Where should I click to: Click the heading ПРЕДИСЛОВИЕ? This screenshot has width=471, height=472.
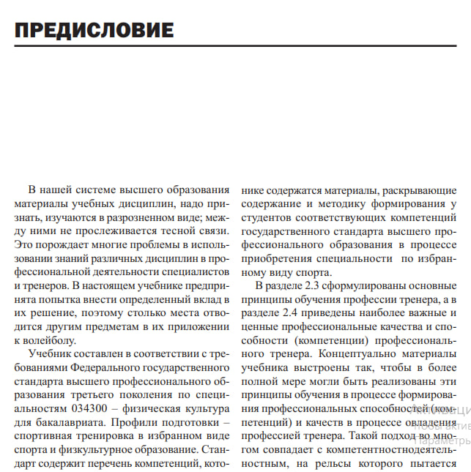pyautogui.click(x=94, y=30)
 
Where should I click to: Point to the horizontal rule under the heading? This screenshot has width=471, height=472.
pyautogui.click(x=235, y=46)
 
